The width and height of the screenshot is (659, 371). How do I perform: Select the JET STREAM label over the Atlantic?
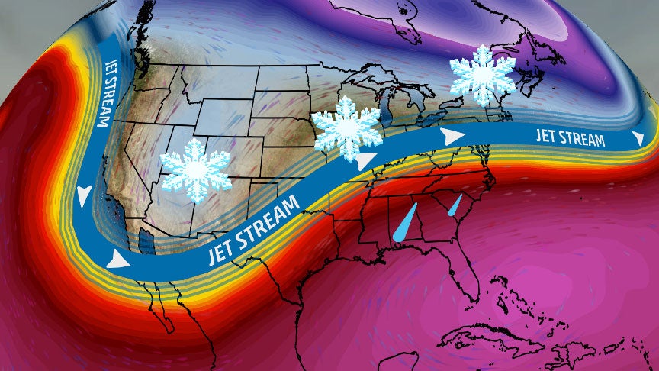[571, 137]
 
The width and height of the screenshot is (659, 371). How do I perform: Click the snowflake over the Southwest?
[196, 170]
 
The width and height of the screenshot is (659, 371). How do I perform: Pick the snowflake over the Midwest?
[347, 128]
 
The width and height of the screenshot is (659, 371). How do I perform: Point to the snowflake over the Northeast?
[482, 74]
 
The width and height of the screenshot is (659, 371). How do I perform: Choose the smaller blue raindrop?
[455, 204]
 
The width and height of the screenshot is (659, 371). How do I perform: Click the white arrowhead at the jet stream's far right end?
[637, 138]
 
